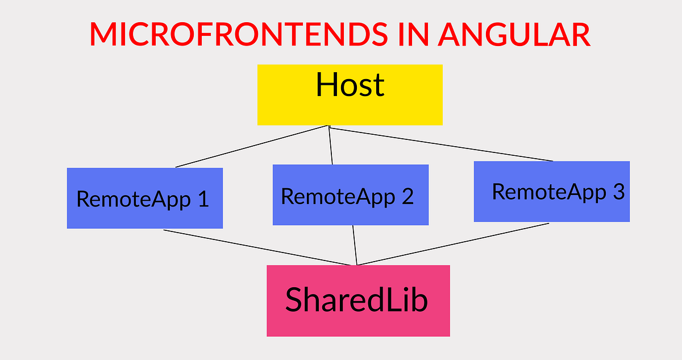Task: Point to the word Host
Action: [350, 85]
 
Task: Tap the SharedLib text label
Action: [356, 300]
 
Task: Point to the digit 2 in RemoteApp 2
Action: [407, 197]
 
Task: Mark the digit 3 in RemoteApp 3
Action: [618, 192]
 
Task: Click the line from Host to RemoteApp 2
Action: [331, 146]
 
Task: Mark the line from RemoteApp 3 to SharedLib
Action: [452, 244]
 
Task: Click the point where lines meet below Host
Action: [329, 126]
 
